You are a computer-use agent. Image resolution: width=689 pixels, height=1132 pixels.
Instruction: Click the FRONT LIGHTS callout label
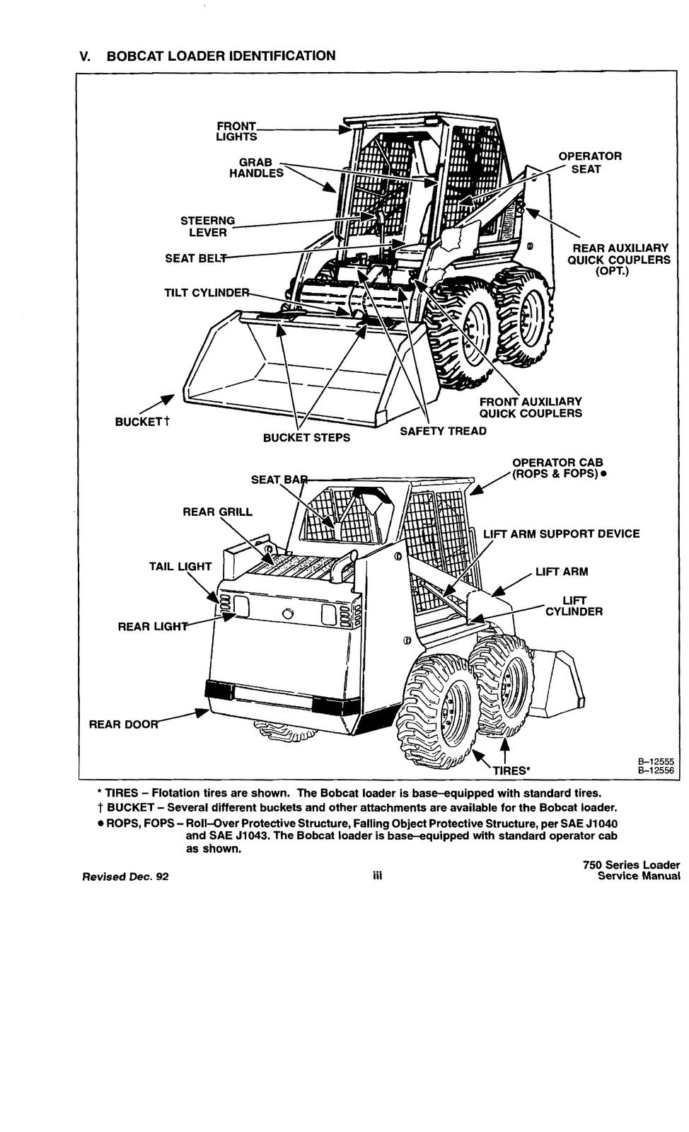[236, 131]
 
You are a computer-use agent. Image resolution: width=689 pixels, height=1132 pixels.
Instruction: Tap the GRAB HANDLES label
[255, 168]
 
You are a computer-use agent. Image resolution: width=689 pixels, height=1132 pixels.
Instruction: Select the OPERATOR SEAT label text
[589, 163]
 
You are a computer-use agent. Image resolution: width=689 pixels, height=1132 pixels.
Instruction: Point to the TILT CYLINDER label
[207, 293]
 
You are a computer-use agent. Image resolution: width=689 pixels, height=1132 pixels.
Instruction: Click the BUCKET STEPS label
[306, 438]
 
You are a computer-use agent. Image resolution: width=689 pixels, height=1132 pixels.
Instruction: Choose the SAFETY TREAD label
[443, 431]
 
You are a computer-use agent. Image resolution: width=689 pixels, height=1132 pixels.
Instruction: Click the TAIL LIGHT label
[180, 566]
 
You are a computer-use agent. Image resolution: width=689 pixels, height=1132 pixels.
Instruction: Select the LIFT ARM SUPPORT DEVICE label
[561, 534]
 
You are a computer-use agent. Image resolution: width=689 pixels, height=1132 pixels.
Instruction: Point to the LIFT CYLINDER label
[574, 606]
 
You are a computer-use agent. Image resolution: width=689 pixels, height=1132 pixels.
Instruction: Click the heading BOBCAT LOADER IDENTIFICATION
[221, 56]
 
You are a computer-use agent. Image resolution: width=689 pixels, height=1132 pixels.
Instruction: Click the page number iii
[377, 876]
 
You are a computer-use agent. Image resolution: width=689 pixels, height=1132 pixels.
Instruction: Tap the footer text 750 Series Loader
[632, 865]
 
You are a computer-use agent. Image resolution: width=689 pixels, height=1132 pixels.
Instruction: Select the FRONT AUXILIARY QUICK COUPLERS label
[531, 408]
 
